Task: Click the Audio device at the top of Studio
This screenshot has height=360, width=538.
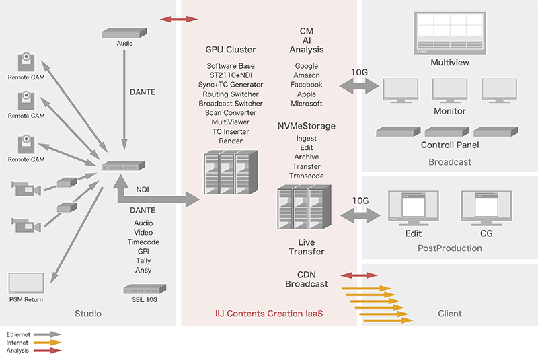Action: click(124, 33)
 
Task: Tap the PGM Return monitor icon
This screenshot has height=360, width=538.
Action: click(26, 283)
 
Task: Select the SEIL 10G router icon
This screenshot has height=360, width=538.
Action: click(145, 289)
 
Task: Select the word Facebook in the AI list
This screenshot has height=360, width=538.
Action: click(306, 85)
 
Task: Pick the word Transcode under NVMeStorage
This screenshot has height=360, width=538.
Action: click(306, 176)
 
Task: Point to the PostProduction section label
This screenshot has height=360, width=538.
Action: click(450, 248)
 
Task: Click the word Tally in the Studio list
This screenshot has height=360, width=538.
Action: click(143, 260)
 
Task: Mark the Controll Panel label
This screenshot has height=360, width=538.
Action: click(449, 145)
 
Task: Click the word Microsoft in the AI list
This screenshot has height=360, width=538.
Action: click(306, 104)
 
